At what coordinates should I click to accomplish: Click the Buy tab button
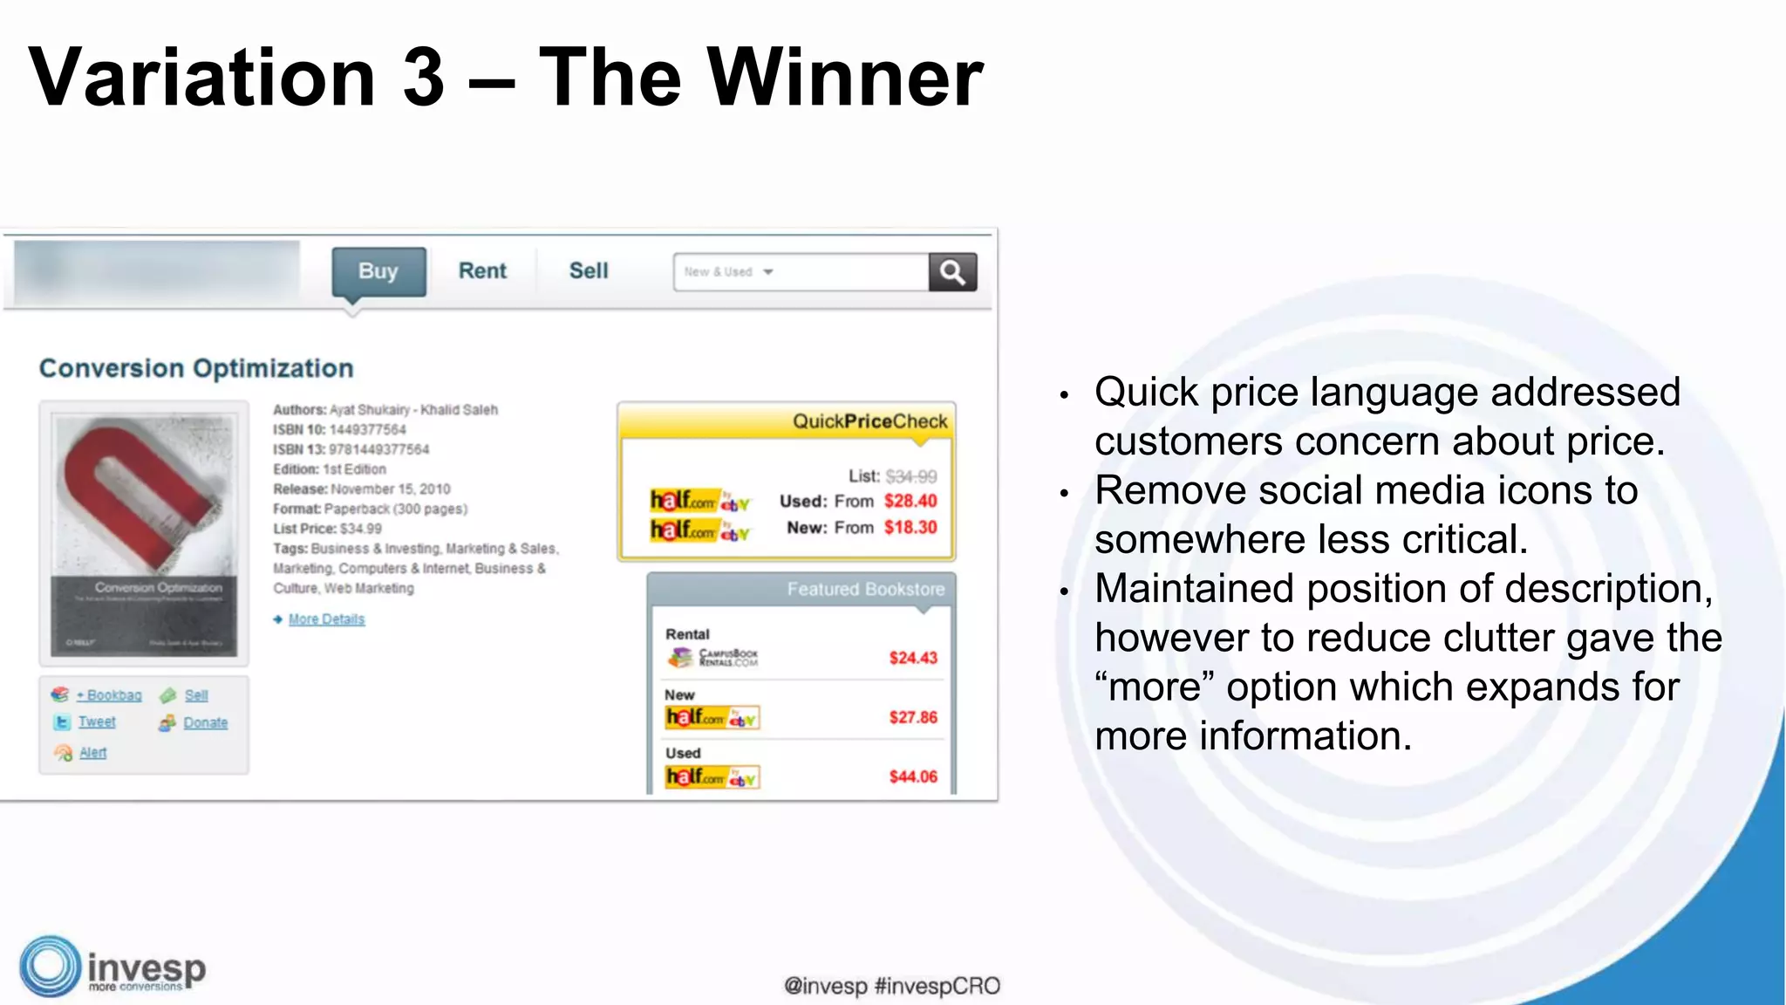coord(378,271)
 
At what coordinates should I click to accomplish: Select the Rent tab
coord(482,271)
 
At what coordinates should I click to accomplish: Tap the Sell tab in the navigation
coord(589,271)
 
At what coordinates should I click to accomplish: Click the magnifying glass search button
coord(952,272)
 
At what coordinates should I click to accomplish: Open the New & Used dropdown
coord(729,272)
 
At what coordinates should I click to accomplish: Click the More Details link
coord(326,619)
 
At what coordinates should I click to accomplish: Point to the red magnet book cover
coord(144,532)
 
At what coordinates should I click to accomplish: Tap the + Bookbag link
coord(109,695)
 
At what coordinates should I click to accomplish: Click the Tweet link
coord(96,722)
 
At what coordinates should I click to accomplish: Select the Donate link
coord(205,723)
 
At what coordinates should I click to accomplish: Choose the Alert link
coord(92,753)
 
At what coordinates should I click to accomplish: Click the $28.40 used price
coord(910,501)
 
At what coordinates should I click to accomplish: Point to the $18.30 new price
coord(910,528)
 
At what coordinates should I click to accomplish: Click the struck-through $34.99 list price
coord(911,476)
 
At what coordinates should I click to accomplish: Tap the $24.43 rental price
coord(913,658)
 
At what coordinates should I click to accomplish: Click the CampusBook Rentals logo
coord(713,658)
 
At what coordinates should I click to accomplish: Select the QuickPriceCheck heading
coord(869,421)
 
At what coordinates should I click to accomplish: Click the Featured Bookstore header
coord(865,590)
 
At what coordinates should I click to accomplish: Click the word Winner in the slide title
coord(845,79)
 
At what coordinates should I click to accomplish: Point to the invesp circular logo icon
coord(50,967)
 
